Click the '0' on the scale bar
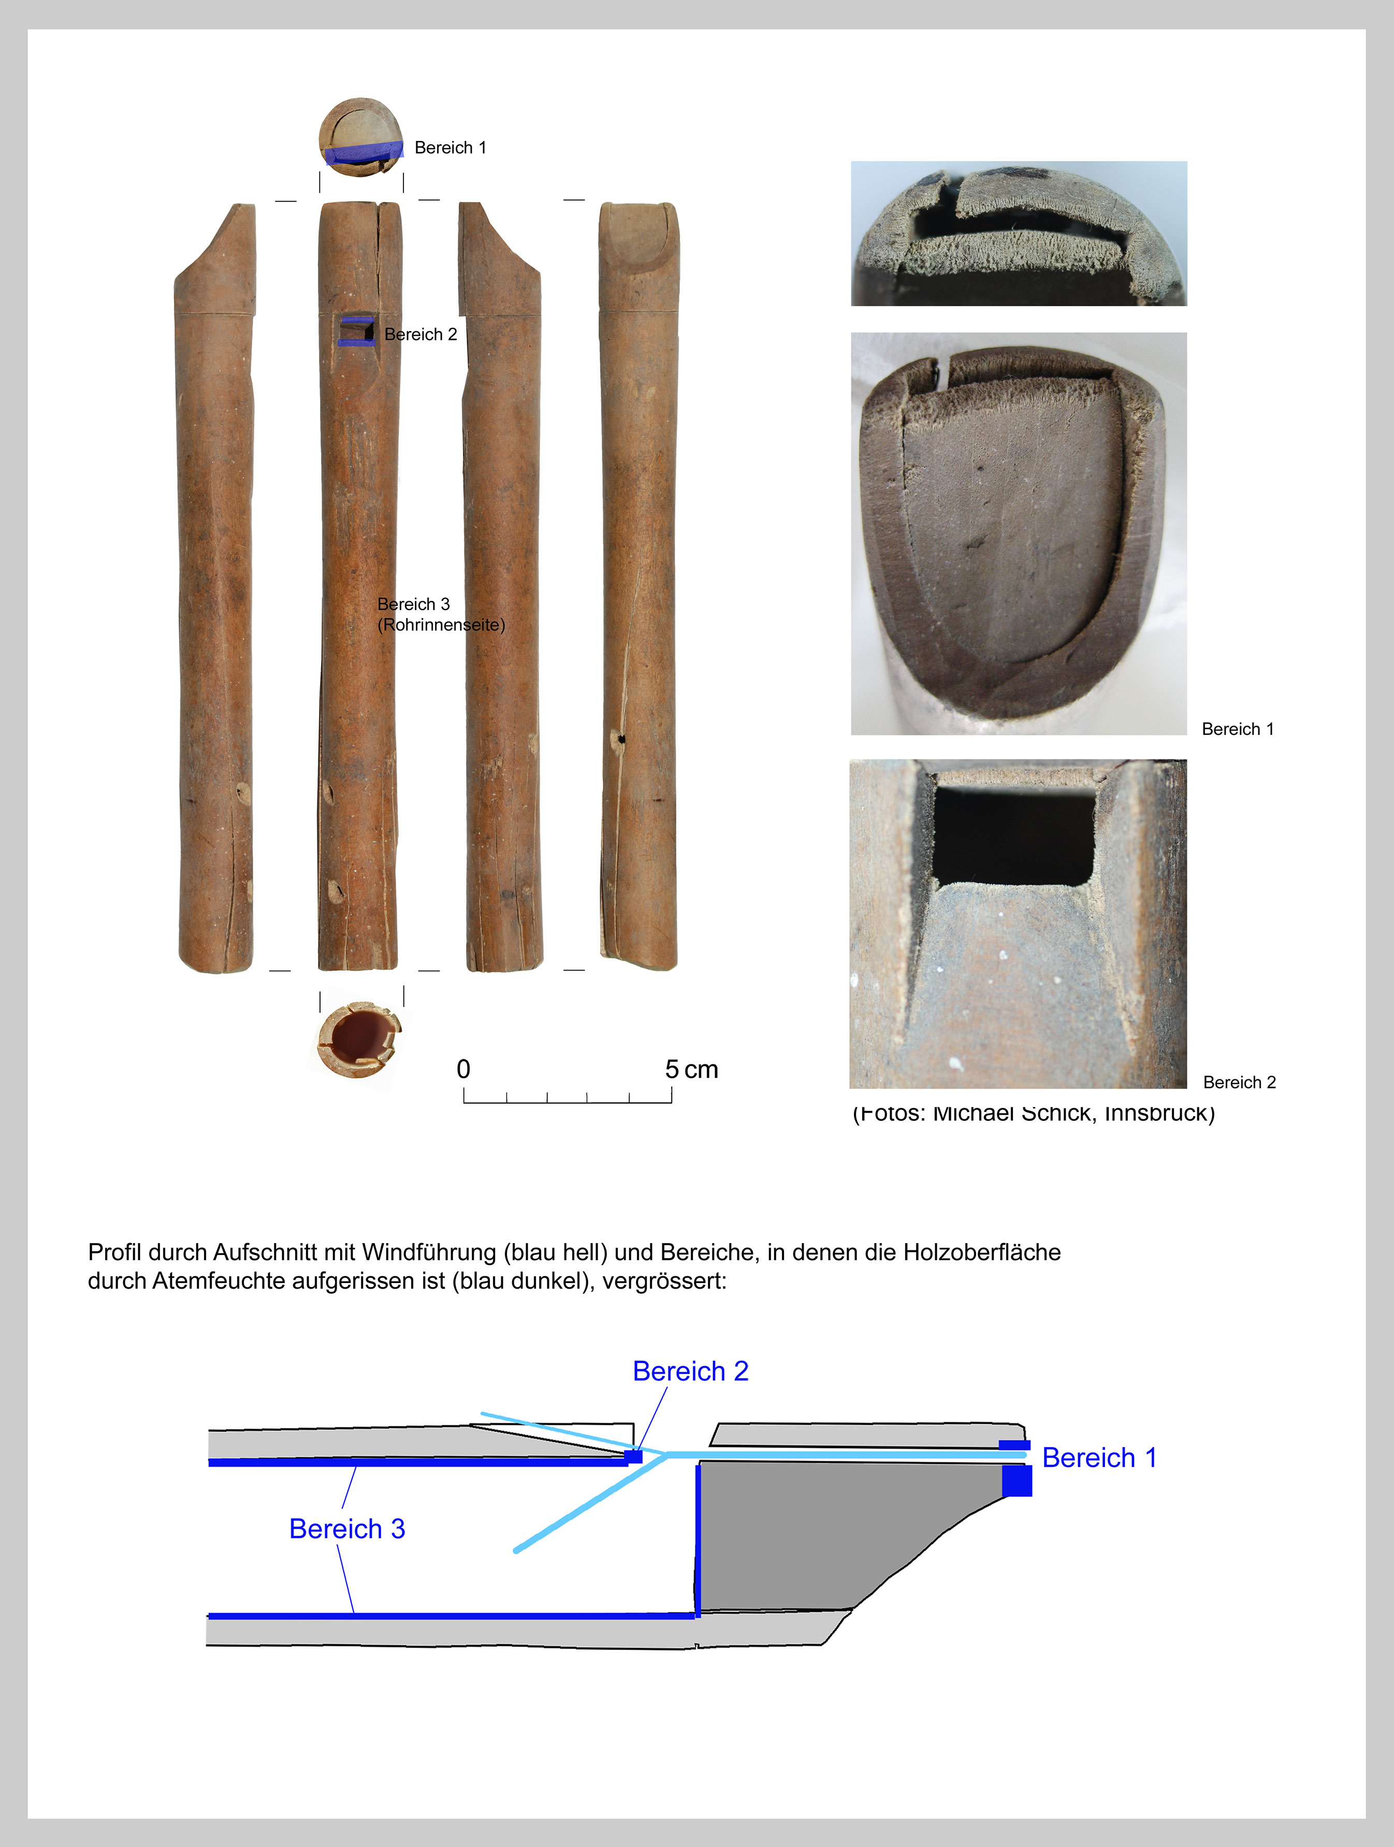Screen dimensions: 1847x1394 [463, 1070]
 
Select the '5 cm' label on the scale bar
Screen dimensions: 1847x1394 [691, 1070]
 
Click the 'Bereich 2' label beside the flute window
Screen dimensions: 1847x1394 [420, 335]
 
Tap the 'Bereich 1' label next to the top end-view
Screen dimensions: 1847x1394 [450, 148]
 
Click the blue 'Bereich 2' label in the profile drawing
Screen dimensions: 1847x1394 [690, 1371]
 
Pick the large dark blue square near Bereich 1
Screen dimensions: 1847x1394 [1017, 1480]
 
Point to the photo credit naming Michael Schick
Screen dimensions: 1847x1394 [1034, 1113]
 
